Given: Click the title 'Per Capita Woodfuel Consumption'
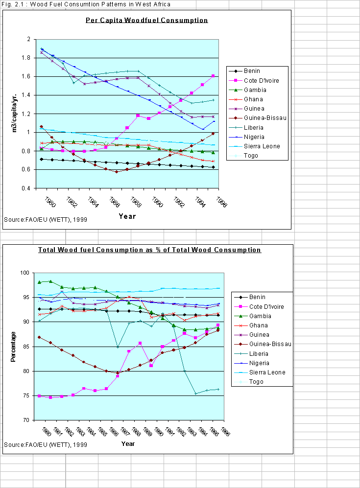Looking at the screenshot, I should pyautogui.click(x=146, y=21).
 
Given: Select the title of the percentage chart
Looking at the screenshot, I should pyautogui.click(x=150, y=250).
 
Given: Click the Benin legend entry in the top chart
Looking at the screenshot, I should pyautogui.click(x=251, y=70).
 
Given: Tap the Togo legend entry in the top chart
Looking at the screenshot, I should pyautogui.click(x=250, y=156).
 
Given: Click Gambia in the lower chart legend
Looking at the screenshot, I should pyautogui.click(x=254, y=316).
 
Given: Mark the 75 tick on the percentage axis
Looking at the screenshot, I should pyautogui.click(x=28, y=396).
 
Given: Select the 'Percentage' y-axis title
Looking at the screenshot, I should pyautogui.click(x=13, y=347).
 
